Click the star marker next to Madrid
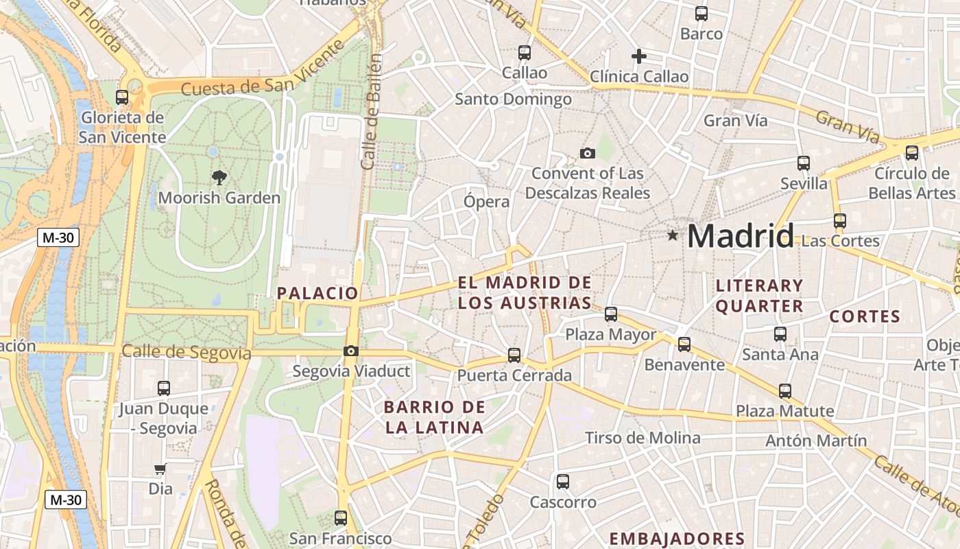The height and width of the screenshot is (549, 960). pos(673,236)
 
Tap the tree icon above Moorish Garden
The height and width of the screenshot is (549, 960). pos(219,178)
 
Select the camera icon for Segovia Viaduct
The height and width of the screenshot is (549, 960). pos(351,351)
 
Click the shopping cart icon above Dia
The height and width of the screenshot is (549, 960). pos(160,469)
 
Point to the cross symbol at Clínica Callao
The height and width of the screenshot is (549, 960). pos(639,56)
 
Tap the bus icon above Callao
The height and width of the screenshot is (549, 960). pos(525,52)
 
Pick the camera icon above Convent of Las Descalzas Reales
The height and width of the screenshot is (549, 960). pos(588,153)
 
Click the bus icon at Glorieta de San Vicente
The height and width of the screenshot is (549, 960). pos(122,97)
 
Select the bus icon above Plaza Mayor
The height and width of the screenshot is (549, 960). pos(611,314)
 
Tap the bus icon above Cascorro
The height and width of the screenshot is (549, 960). pos(563,482)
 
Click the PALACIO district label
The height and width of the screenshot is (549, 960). pos(317,293)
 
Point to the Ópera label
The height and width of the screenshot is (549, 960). pos(487,202)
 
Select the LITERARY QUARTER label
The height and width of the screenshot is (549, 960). pos(759,296)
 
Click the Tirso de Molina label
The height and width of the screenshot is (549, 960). pos(643,438)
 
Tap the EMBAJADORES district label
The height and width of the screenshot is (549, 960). pos(677,539)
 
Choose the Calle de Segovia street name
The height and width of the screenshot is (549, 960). pos(187,353)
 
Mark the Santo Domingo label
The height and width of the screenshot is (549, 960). pos(514,100)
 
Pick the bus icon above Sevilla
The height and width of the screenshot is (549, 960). pos(804,163)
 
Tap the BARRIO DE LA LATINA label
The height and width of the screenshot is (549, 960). pos(435,417)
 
